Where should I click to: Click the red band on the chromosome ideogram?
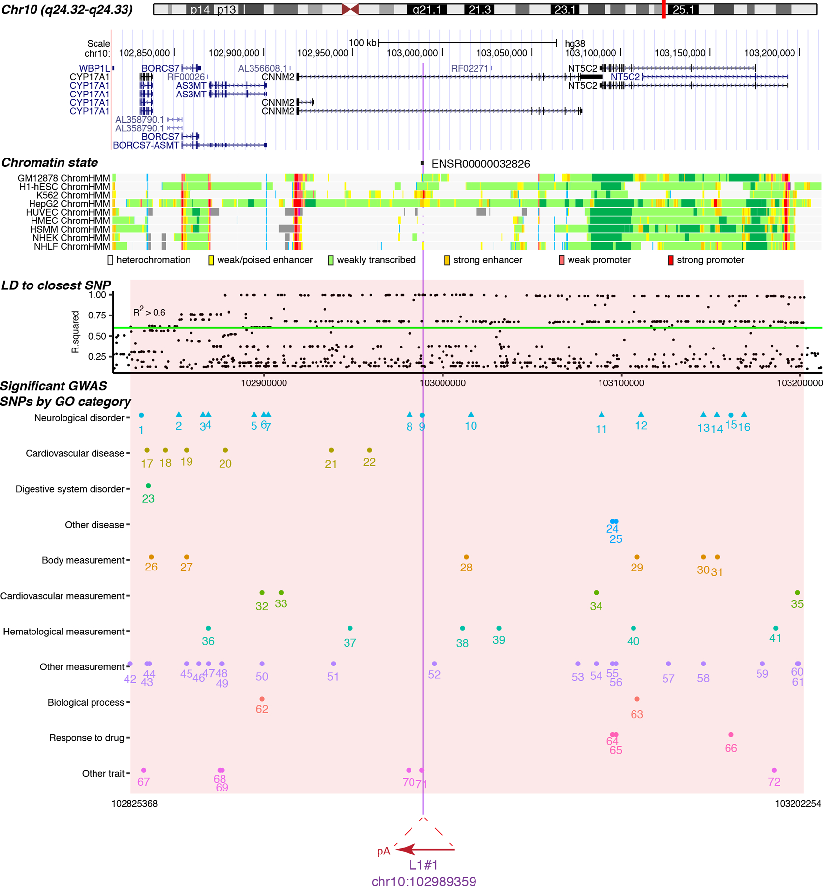(664, 9)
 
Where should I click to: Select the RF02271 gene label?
(469, 68)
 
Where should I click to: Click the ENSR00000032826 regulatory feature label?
(480, 164)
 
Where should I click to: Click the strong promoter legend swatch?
(670, 260)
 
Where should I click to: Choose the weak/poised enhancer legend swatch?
(211, 260)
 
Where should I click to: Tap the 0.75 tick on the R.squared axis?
(97, 316)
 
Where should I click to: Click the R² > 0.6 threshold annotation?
(149, 312)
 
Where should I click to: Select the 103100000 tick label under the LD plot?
(621, 383)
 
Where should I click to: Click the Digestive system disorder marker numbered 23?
(148, 486)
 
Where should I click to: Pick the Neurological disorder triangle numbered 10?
(471, 415)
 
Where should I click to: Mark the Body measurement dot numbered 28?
(466, 557)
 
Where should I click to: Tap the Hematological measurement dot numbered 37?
(350, 628)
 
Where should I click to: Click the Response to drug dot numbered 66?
(731, 735)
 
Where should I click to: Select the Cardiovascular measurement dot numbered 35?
(797, 593)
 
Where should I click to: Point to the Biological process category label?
(86, 702)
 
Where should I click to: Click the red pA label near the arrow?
(383, 851)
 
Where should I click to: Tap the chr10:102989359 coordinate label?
(423, 881)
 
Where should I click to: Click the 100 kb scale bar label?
(363, 43)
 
